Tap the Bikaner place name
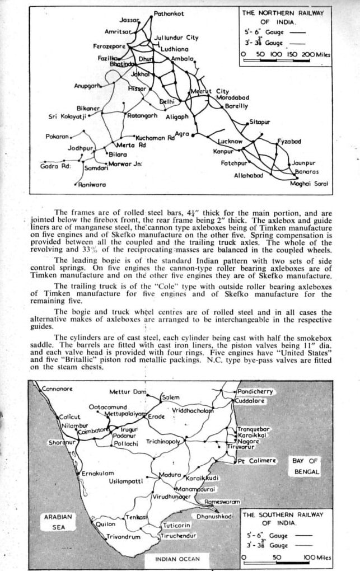tap(88, 107)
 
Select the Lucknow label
tap(230, 142)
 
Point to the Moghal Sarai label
tap(308, 184)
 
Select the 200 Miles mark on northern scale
tap(315, 54)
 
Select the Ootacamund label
tap(107, 407)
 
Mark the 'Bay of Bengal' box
tap(305, 466)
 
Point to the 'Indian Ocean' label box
tap(174, 559)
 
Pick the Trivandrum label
tap(123, 537)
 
